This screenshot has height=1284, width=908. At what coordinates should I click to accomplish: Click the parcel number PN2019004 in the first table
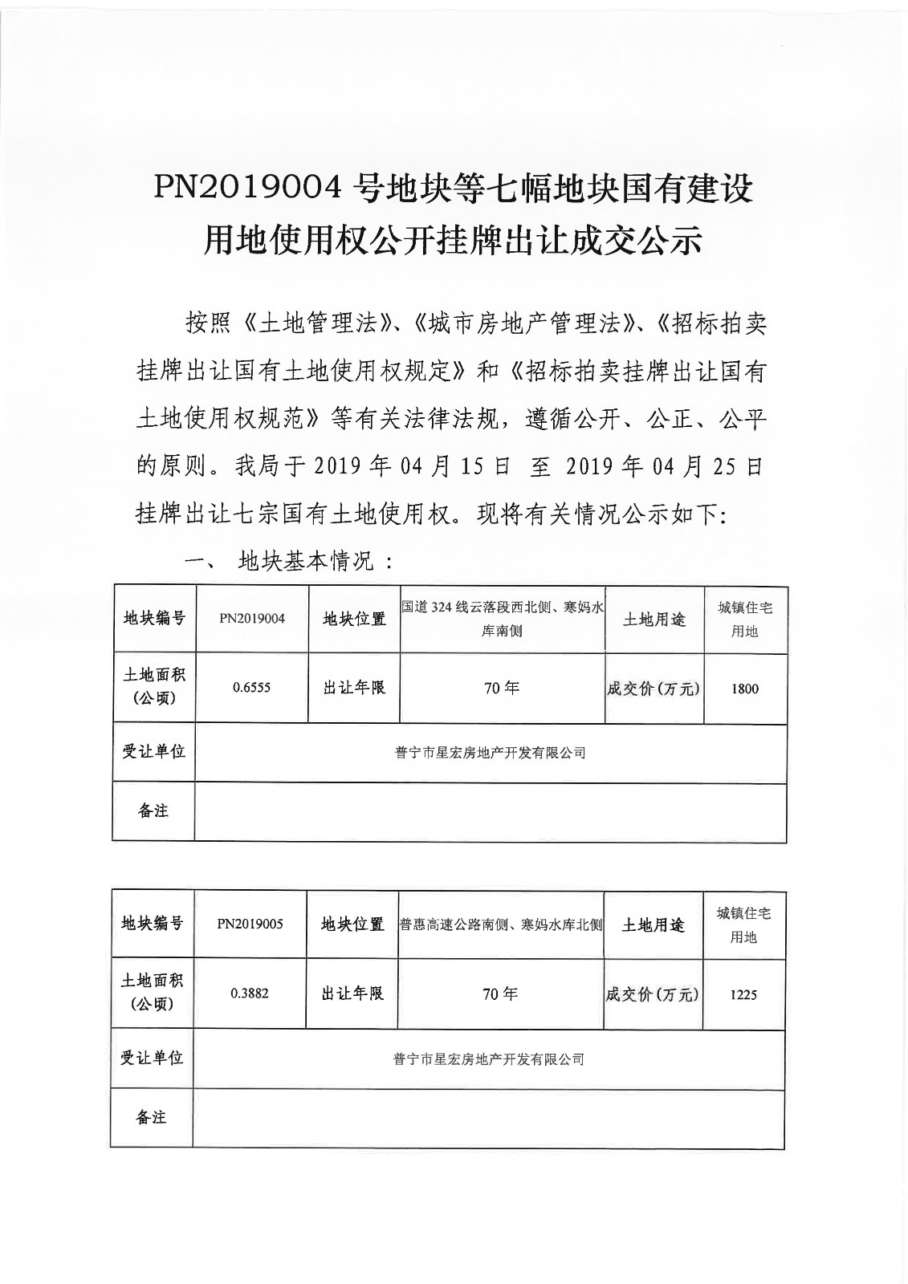(x=252, y=619)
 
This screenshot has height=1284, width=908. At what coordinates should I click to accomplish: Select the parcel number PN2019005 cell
(x=250, y=924)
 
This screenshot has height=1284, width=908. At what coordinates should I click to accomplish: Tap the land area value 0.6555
(x=251, y=689)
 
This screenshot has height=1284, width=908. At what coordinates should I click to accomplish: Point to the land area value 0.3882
(x=250, y=993)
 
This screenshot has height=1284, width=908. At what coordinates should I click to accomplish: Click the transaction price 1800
(x=744, y=689)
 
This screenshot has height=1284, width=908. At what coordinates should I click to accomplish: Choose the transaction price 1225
(x=743, y=994)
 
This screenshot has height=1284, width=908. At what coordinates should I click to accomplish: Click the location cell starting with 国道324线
(x=502, y=619)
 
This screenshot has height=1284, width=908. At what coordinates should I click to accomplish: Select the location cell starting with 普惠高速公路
(x=501, y=924)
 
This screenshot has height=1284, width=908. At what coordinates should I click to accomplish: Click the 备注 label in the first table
(x=153, y=811)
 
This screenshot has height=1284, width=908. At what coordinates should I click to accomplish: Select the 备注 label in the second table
(x=151, y=1117)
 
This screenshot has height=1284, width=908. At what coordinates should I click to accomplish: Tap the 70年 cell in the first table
(x=502, y=689)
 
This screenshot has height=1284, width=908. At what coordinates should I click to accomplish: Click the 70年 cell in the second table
(x=500, y=994)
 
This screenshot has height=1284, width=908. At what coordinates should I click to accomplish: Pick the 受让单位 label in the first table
(x=153, y=752)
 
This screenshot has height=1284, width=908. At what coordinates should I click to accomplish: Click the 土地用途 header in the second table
(x=654, y=924)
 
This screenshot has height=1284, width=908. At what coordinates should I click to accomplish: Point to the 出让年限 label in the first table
(x=354, y=689)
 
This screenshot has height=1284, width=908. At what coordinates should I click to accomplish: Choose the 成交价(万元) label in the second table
(x=653, y=994)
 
